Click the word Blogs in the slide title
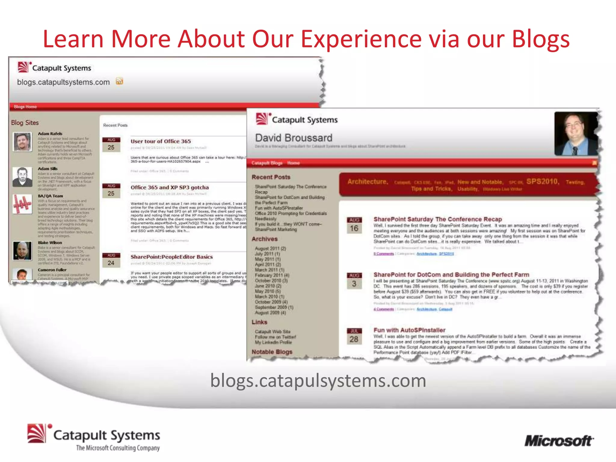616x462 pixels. point(541,39)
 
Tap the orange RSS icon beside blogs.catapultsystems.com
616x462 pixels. point(120,81)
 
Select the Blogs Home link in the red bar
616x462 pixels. point(25,107)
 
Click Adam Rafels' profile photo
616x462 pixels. point(23,142)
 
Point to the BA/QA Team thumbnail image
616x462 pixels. point(23,204)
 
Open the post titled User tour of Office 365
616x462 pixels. point(161,141)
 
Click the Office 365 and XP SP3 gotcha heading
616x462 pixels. point(169,187)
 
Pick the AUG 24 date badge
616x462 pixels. point(111,260)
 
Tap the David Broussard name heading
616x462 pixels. point(294,138)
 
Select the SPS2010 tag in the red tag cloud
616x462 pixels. point(542,181)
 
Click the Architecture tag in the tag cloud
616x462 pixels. point(367,182)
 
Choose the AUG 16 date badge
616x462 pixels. point(354,226)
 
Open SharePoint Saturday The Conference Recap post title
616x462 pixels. point(438,219)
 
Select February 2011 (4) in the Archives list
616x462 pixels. point(272,275)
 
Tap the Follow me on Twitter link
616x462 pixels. point(275,337)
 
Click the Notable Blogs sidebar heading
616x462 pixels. point(272,352)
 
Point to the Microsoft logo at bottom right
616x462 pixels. point(559,441)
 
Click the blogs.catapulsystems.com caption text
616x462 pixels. point(318,381)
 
